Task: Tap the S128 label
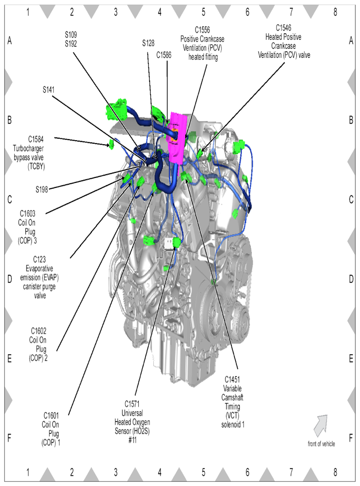point(148,43)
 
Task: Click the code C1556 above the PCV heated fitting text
point(203,29)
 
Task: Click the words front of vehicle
point(321,444)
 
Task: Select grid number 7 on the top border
point(291,12)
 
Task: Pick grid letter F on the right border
point(351,438)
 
